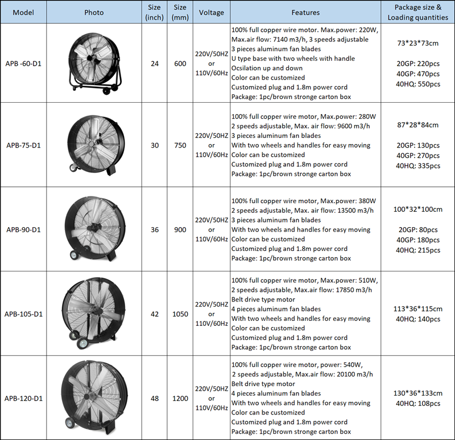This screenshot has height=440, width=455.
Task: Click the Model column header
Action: (x=23, y=12)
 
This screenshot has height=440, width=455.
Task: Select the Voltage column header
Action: (x=211, y=12)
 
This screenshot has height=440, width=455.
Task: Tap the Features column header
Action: (x=305, y=12)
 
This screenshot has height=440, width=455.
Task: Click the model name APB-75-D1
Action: (x=23, y=145)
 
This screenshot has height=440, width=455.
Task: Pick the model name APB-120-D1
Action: (x=23, y=399)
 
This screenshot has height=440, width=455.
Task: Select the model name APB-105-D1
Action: (x=23, y=314)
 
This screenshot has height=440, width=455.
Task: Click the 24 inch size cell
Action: (x=155, y=64)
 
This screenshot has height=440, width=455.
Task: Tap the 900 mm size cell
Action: (x=180, y=230)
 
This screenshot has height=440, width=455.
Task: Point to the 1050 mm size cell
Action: (x=180, y=314)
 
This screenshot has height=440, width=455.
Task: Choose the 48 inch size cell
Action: (x=155, y=399)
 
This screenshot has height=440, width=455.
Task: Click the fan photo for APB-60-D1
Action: (x=94, y=64)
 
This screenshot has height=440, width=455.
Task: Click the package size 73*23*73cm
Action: (x=418, y=43)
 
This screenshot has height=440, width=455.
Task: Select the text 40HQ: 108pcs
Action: (x=418, y=404)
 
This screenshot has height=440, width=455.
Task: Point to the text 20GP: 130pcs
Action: (x=418, y=145)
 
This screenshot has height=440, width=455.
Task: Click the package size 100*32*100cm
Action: (x=418, y=209)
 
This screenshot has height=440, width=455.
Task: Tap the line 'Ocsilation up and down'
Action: (x=267, y=68)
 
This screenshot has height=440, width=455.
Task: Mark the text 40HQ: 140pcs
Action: (x=418, y=319)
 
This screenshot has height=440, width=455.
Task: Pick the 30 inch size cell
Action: (x=155, y=145)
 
